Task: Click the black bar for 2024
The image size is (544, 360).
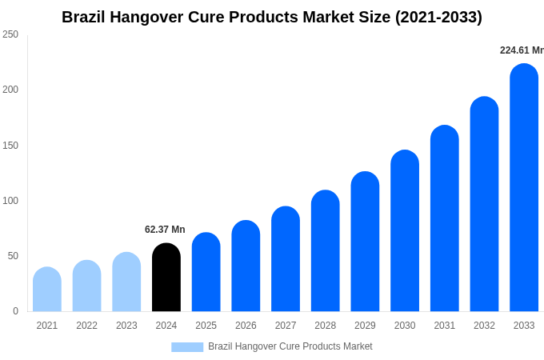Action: tap(166, 278)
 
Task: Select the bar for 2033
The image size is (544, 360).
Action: tap(524, 188)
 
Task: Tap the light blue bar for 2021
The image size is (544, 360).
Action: tap(47, 290)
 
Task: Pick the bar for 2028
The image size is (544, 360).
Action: tap(326, 251)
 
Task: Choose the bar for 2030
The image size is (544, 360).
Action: tap(405, 231)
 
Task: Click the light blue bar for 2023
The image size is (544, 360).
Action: tap(126, 282)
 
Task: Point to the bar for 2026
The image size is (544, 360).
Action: tap(246, 266)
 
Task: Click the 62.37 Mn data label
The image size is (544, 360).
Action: tap(165, 230)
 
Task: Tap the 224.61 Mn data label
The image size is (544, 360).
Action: tap(522, 50)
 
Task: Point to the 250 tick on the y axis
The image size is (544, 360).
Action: tap(10, 34)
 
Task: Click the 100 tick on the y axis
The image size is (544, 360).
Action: tap(10, 201)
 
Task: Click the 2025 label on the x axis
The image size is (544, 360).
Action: tap(206, 326)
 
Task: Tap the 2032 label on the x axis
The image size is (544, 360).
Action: tap(484, 326)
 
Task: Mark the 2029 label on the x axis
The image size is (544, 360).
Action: tap(365, 326)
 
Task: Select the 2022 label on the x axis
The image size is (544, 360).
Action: tap(86, 326)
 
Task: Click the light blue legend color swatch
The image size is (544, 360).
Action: tap(187, 346)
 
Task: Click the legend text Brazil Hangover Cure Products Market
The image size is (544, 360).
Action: tap(290, 346)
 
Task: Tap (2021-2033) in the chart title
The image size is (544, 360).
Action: tap(438, 17)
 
